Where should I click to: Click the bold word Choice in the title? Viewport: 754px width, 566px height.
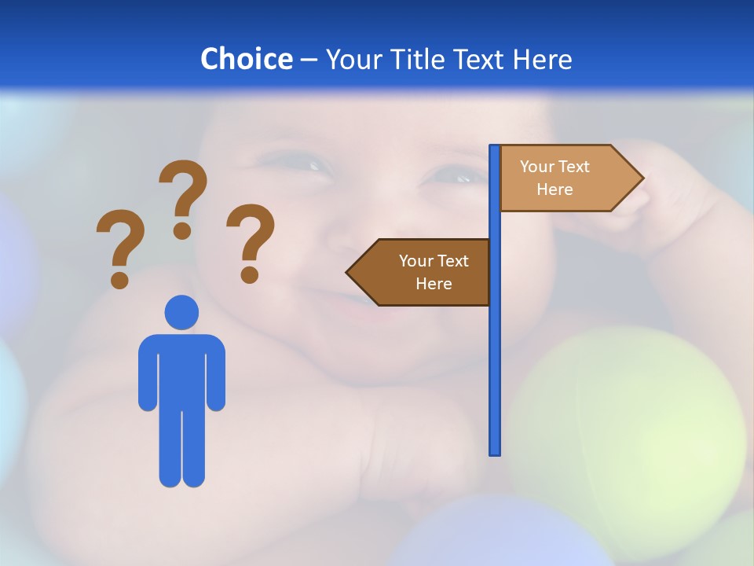coord(246,59)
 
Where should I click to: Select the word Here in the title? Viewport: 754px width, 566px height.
coord(542,59)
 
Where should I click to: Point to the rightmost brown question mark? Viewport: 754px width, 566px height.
coord(251,241)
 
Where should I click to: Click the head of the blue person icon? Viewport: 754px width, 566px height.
coord(181,312)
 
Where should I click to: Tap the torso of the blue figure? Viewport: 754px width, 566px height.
coord(181,369)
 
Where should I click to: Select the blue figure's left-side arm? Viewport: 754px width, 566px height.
coord(148,373)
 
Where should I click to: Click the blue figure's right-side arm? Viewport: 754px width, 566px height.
coord(216,373)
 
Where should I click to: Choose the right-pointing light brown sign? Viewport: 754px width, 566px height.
coord(565,178)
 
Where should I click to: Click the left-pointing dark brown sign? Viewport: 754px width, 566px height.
coord(424,272)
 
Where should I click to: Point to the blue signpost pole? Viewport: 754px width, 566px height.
coord(495,354)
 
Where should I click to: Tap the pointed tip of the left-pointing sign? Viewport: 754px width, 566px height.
coord(350,272)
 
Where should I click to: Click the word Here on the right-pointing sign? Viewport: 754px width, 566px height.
coord(555,189)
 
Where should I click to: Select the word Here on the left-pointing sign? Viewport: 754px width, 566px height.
coord(434,284)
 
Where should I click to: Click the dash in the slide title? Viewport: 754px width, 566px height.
coord(309,60)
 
